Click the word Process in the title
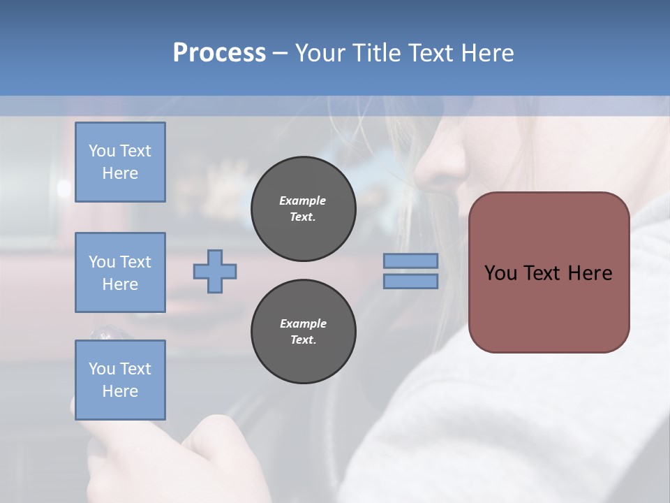(219, 53)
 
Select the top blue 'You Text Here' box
(120, 162)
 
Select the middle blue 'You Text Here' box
(120, 272)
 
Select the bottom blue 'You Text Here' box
(120, 380)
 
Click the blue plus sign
(215, 272)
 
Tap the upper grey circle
(303, 209)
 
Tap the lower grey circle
(303, 332)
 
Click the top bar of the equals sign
(410, 261)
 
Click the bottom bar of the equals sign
(410, 281)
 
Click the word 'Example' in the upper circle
(303, 201)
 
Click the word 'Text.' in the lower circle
(303, 340)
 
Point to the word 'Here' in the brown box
(590, 273)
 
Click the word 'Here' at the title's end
(487, 53)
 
